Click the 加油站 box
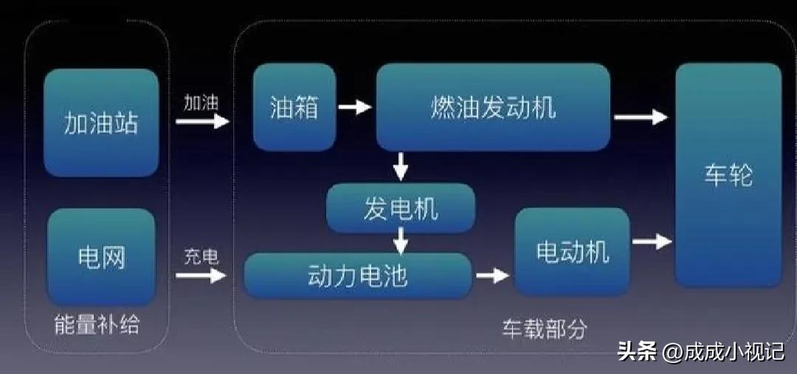click(x=101, y=122)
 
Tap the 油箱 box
click(x=294, y=107)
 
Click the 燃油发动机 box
click(x=493, y=107)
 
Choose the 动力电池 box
click(x=357, y=276)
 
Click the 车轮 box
click(x=728, y=176)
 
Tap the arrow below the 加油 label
click(x=202, y=121)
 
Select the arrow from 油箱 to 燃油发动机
click(x=354, y=108)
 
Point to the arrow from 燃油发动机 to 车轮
click(x=641, y=117)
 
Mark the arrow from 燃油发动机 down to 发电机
click(x=401, y=166)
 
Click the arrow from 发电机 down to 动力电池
click(x=401, y=239)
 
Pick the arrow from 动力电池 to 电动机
click(x=492, y=276)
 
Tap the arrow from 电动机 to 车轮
click(x=652, y=241)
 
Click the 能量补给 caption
click(x=97, y=325)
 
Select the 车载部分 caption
click(x=545, y=329)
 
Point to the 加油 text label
click(x=201, y=103)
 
